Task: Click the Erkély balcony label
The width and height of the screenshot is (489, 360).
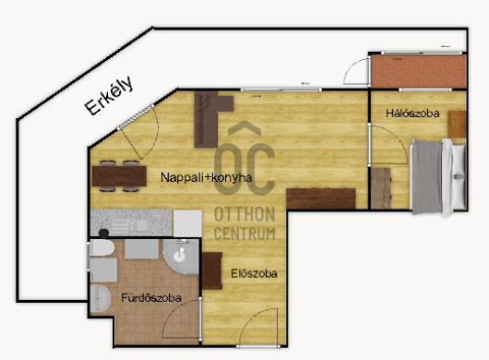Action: click(x=109, y=95)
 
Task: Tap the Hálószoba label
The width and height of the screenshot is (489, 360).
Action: click(x=412, y=114)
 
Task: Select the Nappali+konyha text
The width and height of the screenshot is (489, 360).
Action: click(x=206, y=177)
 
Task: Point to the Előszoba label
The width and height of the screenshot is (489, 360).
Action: click(x=254, y=273)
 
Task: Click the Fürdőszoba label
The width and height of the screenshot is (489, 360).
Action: click(x=151, y=298)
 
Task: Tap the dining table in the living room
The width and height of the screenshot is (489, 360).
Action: click(x=119, y=176)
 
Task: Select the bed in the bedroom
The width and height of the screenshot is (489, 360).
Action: click(x=438, y=176)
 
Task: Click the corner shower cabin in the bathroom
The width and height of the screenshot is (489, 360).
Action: click(x=181, y=257)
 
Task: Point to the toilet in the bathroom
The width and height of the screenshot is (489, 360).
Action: click(x=101, y=248)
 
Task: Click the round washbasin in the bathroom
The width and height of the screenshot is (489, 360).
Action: click(x=100, y=298)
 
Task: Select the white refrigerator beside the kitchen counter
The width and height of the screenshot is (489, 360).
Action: click(x=187, y=223)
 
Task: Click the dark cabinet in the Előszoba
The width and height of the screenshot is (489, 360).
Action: click(x=212, y=270)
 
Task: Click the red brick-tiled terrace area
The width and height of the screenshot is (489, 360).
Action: click(x=419, y=71)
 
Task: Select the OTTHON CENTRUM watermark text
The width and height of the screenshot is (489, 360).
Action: click(x=244, y=223)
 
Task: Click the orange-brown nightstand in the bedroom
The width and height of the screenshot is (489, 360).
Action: click(x=457, y=125)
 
